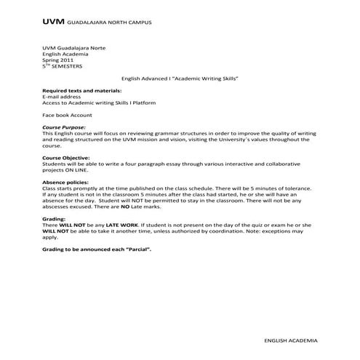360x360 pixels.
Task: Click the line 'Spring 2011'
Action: (59, 60)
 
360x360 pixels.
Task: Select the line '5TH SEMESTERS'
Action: (63, 66)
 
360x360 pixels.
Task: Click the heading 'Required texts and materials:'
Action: (81, 91)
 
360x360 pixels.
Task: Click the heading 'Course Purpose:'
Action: (65, 127)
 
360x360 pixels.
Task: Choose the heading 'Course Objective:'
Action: (66, 157)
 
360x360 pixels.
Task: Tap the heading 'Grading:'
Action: (54, 217)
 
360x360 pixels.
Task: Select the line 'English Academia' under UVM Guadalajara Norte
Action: (64, 54)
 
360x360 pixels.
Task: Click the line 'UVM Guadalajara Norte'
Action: (71, 47)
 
